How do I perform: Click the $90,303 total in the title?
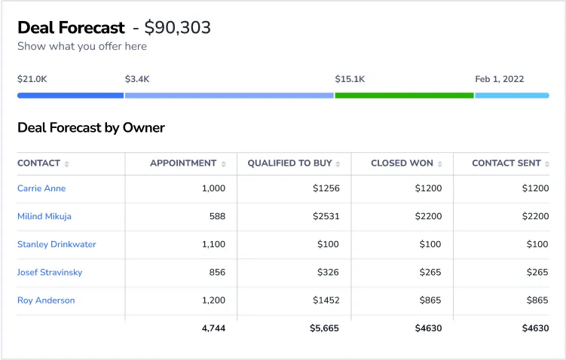(178, 28)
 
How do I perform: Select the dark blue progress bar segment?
(70, 96)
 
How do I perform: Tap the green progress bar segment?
(404, 96)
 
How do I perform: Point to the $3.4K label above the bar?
(137, 78)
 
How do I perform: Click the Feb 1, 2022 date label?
(499, 78)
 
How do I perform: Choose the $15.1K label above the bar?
(350, 78)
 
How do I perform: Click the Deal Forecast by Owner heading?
(91, 127)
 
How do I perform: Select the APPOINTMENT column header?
(183, 163)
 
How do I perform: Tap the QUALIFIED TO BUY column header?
(289, 163)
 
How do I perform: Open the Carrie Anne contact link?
(41, 188)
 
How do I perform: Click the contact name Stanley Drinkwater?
(57, 244)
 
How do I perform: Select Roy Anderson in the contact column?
(46, 300)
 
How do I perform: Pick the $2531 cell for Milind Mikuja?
(326, 216)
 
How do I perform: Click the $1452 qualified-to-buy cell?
(326, 300)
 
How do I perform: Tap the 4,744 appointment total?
(213, 328)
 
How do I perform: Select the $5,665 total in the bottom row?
(325, 328)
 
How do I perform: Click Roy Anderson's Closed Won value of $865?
(431, 300)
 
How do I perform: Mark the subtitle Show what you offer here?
(82, 46)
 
